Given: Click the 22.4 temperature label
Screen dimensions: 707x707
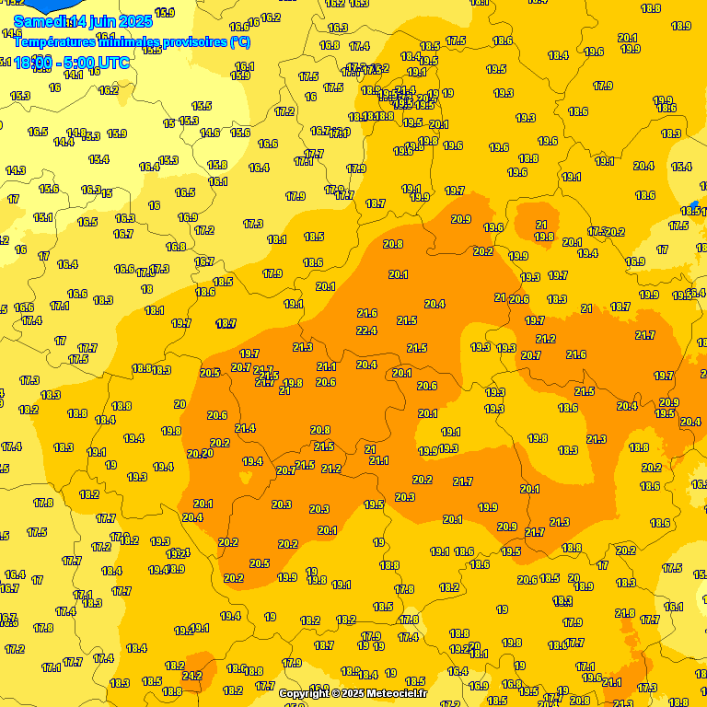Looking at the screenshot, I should tap(366, 331).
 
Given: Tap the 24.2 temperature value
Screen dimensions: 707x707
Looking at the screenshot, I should tap(192, 676).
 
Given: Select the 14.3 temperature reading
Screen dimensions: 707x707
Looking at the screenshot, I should tap(16, 170).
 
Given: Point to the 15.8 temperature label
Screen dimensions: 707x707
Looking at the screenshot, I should tap(217, 166).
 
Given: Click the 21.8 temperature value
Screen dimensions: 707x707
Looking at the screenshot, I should tap(625, 613).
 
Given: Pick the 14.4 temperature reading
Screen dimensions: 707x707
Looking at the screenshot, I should tap(64, 142).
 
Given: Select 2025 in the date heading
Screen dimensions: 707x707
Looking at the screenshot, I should tap(136, 20).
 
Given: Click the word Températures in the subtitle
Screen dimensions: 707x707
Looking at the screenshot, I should tap(55, 41).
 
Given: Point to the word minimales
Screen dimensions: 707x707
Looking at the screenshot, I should tap(126, 41).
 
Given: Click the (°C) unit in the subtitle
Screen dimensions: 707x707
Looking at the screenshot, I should tap(238, 41).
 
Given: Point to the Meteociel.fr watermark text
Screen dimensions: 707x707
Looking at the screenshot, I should tap(397, 693).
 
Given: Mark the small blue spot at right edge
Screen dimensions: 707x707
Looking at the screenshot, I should tap(694, 205).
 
